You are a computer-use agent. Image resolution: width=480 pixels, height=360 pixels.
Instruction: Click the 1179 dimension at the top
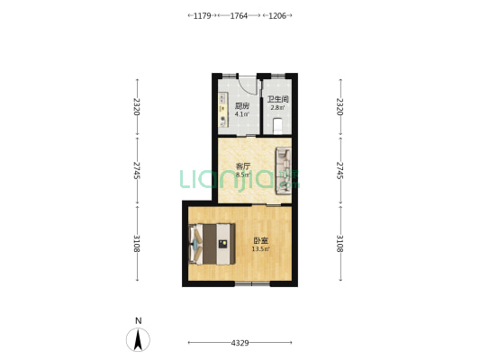tap(203, 15)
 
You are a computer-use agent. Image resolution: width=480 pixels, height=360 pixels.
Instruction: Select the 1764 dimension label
tap(239, 15)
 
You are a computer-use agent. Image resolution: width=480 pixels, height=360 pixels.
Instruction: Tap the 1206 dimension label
tap(277, 15)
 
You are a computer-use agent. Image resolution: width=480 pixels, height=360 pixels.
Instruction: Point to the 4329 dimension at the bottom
tap(240, 343)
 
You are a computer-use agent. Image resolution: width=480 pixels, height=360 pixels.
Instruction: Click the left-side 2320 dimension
tap(137, 106)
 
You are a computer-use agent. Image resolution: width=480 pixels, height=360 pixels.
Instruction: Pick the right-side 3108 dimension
tap(340, 244)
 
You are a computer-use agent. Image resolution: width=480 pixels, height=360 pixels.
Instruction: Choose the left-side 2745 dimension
tap(137, 170)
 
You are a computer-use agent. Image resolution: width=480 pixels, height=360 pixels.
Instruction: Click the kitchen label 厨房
tap(242, 106)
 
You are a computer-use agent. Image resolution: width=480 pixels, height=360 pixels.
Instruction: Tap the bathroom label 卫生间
tap(278, 99)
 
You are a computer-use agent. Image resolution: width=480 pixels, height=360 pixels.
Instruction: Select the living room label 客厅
tap(243, 166)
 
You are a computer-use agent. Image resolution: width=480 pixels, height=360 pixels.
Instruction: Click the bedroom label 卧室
tap(261, 241)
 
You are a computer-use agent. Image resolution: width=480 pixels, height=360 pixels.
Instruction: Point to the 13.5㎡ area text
tap(261, 249)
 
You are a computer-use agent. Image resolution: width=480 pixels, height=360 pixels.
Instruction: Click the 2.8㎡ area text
tap(278, 108)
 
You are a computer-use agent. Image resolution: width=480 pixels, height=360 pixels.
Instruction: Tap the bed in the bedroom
tap(213, 244)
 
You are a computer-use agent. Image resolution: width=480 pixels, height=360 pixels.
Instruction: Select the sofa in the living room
tap(284, 171)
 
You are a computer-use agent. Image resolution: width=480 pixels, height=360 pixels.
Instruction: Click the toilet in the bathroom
tap(277, 126)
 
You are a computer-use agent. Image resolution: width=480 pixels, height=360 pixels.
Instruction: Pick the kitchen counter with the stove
tap(223, 110)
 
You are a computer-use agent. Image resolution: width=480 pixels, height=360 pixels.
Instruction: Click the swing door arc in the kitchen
tap(247, 87)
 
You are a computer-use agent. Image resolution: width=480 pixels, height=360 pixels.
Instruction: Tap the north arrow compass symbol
tap(138, 339)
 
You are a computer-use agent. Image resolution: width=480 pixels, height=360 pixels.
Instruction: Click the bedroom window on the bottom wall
tap(252, 283)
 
